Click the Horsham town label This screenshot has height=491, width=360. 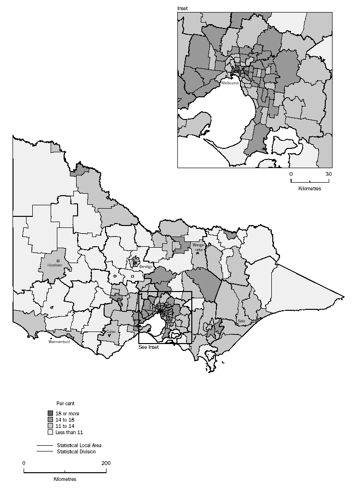pos(55,265)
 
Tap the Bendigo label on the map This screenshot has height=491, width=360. pos(146,266)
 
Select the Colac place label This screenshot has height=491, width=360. pos(111,332)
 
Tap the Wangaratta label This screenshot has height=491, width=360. pos(199,247)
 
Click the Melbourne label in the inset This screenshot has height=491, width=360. pos(229,83)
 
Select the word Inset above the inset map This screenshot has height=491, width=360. pos(183,8)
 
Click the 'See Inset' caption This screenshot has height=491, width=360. pos(148,347)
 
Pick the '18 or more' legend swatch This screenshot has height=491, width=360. pos(51,413)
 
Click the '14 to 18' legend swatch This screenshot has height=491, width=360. pos(51,420)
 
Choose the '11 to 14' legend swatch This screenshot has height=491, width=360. pos(51,426)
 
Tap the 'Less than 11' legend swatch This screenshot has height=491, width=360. pos(51,432)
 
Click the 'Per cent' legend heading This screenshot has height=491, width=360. pos(65,403)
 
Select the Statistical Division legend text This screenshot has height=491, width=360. pos(76,451)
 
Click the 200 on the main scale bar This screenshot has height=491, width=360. pos(106,463)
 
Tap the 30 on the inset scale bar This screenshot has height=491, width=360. pos(328,173)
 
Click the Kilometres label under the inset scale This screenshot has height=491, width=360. pos(310,188)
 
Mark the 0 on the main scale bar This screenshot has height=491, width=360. pos(24,463)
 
